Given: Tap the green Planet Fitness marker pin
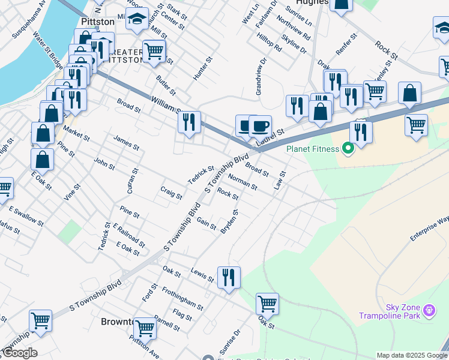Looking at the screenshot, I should [347, 148].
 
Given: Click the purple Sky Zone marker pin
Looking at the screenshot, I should [429, 310].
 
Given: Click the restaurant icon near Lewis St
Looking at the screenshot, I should [229, 278].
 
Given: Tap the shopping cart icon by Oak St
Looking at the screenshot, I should [267, 304].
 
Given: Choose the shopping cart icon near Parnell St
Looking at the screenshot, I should [145, 329].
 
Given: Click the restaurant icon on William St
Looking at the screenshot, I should [189, 123].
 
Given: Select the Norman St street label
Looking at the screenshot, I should [243, 182].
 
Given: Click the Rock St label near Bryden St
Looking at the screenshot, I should [228, 194].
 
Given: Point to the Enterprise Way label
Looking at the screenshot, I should [429, 229].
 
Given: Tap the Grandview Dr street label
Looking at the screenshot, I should [259, 77].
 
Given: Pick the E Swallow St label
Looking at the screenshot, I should [26, 217].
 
